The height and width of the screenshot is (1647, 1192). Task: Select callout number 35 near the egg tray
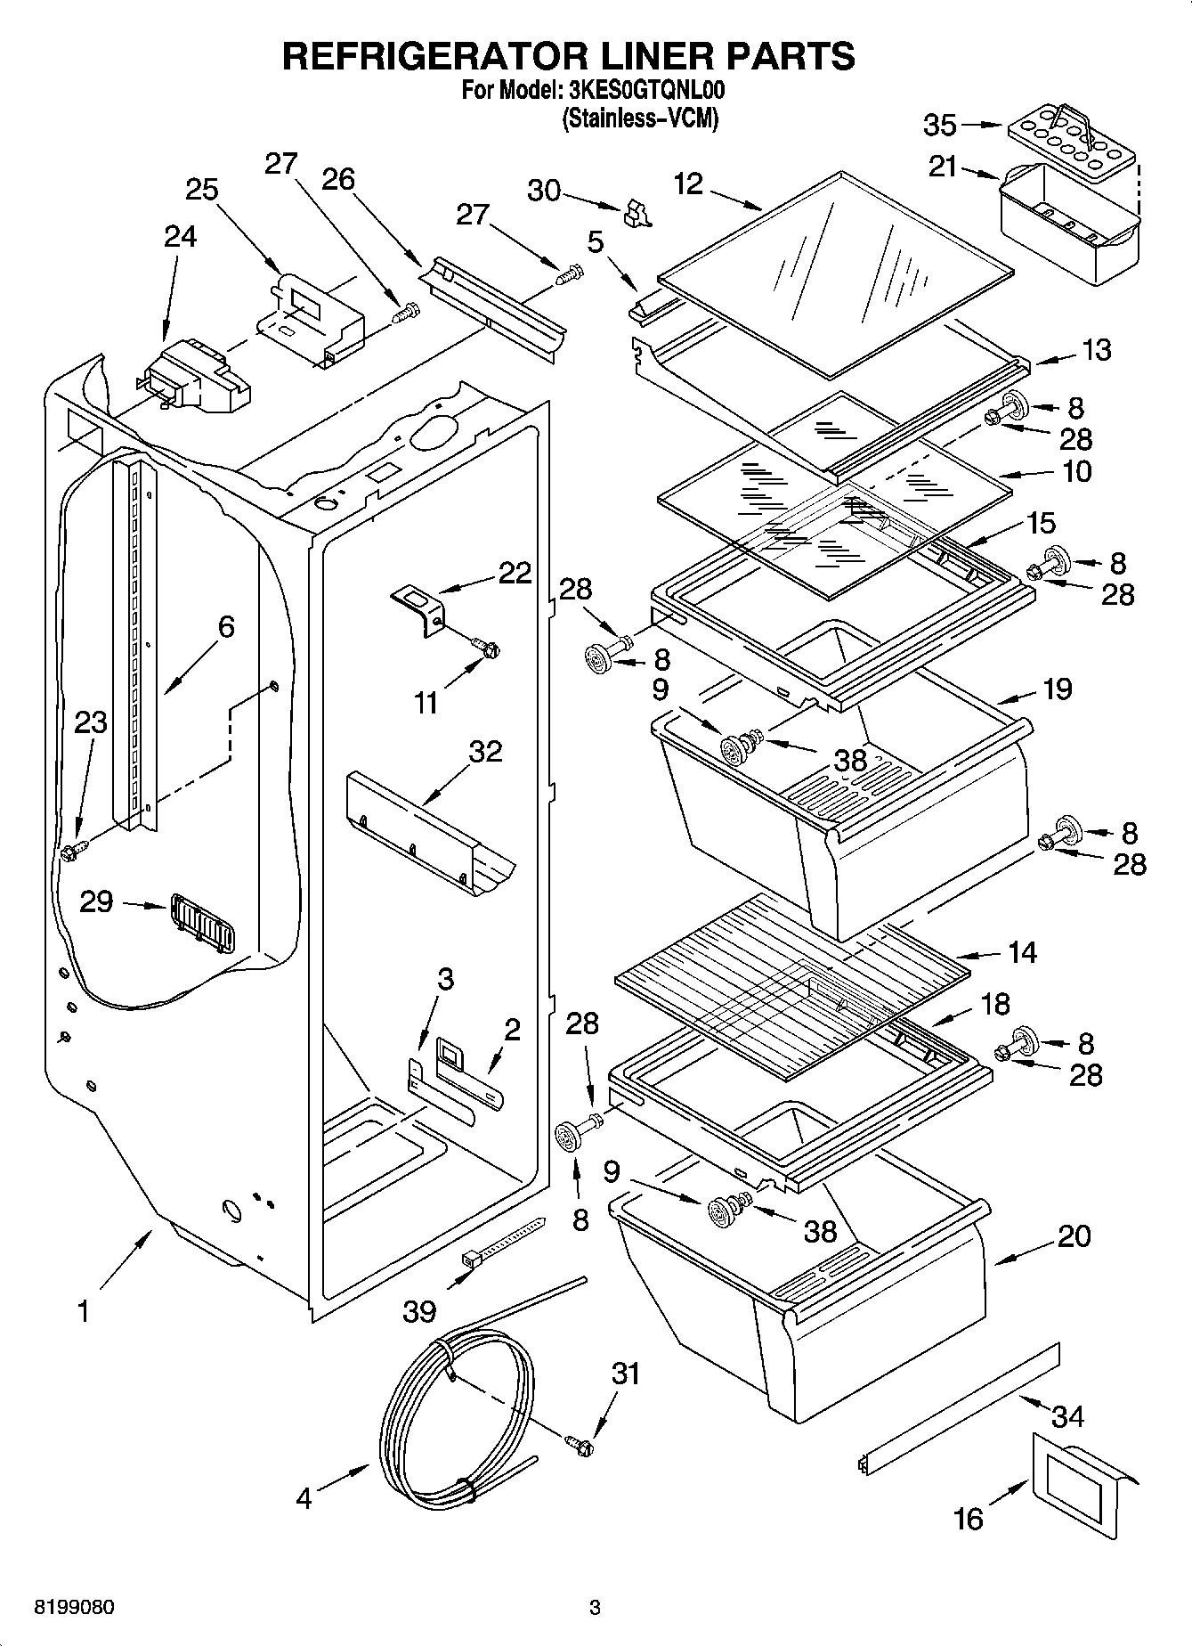tap(940, 126)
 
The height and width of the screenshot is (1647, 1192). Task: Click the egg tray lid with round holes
tap(1071, 138)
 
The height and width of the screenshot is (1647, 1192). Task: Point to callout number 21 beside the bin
tap(944, 167)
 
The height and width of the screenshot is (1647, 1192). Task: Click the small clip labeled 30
tap(637, 213)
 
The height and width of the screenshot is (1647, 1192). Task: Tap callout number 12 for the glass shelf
tap(689, 184)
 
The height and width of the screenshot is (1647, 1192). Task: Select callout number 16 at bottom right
tap(969, 1518)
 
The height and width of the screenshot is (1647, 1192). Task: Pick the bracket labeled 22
tap(419, 607)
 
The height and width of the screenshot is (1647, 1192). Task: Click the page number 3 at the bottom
tap(595, 1608)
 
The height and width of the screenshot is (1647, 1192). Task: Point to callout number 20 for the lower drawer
tap(1074, 1235)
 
